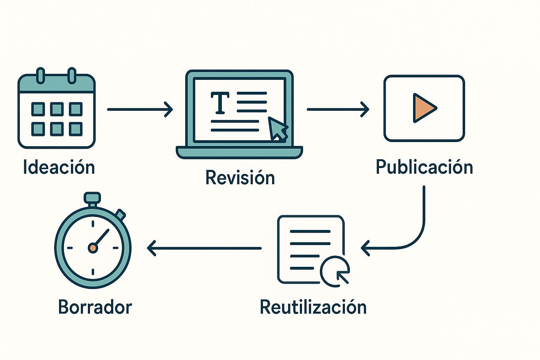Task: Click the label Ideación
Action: tap(59, 167)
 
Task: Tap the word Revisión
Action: tap(240, 178)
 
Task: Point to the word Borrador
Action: tap(95, 307)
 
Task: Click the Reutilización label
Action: tap(313, 307)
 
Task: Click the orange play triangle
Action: tap(423, 108)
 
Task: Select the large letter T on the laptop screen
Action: tap(220, 103)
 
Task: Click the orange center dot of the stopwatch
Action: tap(93, 248)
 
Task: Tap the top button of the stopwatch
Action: tap(93, 198)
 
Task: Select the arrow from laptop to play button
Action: tap(337, 109)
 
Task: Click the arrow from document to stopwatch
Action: tap(204, 248)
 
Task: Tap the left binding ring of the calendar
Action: tap(41, 75)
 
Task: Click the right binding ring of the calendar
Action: tap(72, 75)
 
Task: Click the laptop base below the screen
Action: tap(239, 153)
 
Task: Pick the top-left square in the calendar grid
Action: tap(38, 109)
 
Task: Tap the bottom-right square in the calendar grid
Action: tap(76, 129)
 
